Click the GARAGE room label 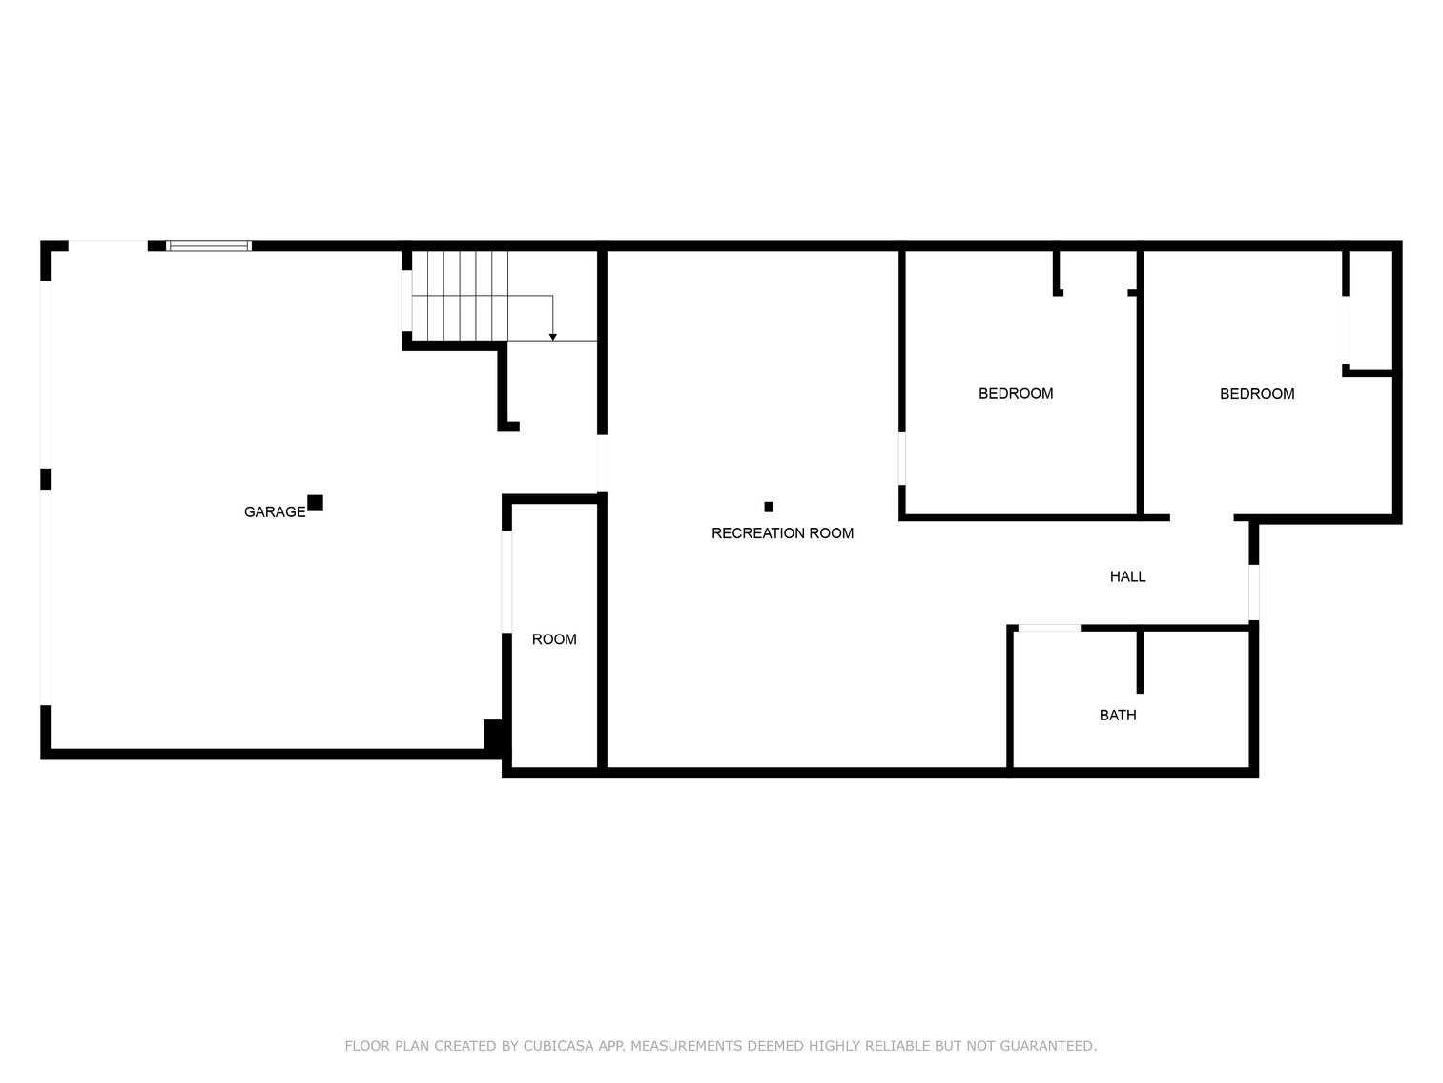[x=274, y=511]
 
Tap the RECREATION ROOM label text [x=782, y=533]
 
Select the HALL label [x=1126, y=576]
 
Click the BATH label [x=1117, y=716]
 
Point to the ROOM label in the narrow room [x=553, y=639]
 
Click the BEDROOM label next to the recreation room [x=1015, y=394]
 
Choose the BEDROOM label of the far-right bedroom [x=1256, y=394]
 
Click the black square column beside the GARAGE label [x=315, y=503]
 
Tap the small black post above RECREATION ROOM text [x=768, y=507]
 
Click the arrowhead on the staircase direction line [x=552, y=338]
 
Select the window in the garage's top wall [x=209, y=246]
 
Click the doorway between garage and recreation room [x=601, y=463]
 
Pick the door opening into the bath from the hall [x=1048, y=628]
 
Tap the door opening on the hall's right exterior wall [x=1253, y=592]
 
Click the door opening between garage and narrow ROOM [x=506, y=581]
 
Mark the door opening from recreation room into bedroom [x=901, y=458]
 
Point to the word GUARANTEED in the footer [x=1048, y=1046]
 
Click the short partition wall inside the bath [x=1140, y=661]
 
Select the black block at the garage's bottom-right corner [x=493, y=736]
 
